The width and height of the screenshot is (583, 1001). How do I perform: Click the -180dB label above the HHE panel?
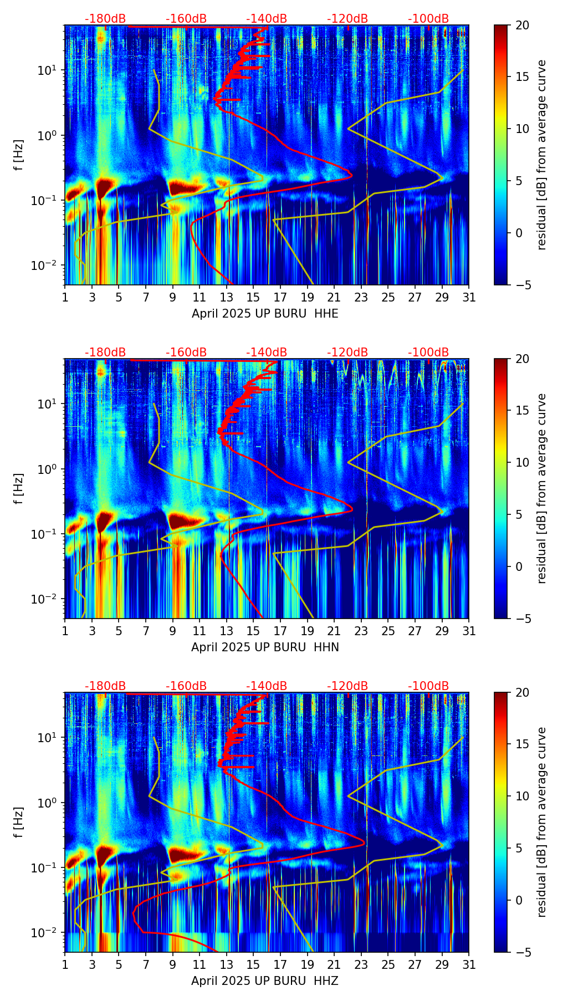(105, 19)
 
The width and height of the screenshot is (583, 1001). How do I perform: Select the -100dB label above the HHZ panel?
(428, 686)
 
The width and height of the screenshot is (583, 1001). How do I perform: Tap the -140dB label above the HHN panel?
(267, 353)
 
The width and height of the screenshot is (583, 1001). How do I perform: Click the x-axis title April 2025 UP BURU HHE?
(265, 314)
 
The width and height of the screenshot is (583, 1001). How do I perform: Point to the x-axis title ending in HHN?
(265, 647)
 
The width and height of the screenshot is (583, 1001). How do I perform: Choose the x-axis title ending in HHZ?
(265, 981)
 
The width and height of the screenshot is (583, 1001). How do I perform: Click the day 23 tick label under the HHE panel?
(361, 298)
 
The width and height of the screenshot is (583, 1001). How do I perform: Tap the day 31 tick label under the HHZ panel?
(469, 965)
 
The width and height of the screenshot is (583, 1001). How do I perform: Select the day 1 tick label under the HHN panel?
(65, 631)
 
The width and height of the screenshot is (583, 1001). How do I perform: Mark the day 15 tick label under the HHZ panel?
(253, 965)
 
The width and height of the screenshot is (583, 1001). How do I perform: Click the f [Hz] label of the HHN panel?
(19, 488)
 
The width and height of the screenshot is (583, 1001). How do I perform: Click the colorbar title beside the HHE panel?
(541, 155)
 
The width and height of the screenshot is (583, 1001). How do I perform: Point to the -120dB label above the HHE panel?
(347, 19)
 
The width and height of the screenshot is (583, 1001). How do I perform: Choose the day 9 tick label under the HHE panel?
(173, 298)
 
